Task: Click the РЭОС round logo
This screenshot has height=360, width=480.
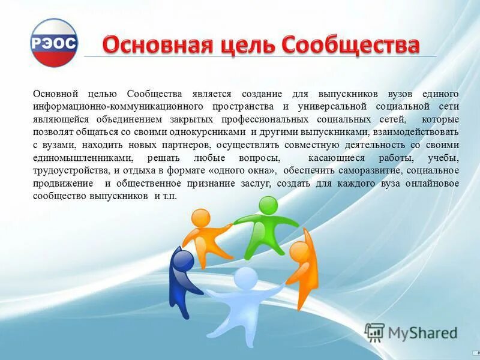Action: [x=54, y=43]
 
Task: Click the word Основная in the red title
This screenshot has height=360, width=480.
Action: [x=144, y=45]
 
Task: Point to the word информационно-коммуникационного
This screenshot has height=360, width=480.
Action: [x=106, y=107]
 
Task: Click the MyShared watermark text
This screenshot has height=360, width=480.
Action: [x=422, y=332]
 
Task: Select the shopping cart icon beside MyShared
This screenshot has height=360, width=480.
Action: [x=374, y=332]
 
